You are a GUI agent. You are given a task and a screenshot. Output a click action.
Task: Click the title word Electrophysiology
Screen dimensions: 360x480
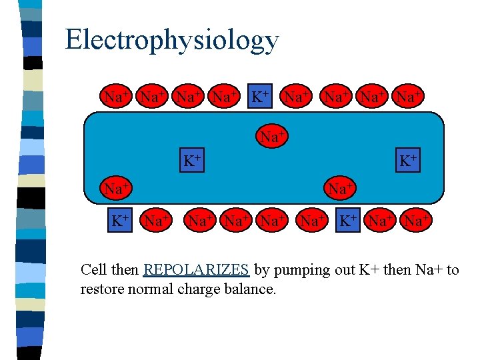[171, 40]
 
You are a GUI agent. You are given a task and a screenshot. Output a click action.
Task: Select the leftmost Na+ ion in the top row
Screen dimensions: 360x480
[117, 97]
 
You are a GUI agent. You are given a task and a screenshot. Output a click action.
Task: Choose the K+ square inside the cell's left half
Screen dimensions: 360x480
[193, 161]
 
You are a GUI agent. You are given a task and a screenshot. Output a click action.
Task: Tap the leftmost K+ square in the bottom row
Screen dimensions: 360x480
[120, 219]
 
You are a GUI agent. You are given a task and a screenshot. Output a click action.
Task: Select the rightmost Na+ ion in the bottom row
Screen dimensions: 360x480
[415, 219]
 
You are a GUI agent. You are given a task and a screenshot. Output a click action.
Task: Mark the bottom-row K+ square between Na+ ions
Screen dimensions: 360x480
[347, 219]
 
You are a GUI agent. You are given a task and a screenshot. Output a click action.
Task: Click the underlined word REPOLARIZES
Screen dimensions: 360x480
[196, 270]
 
